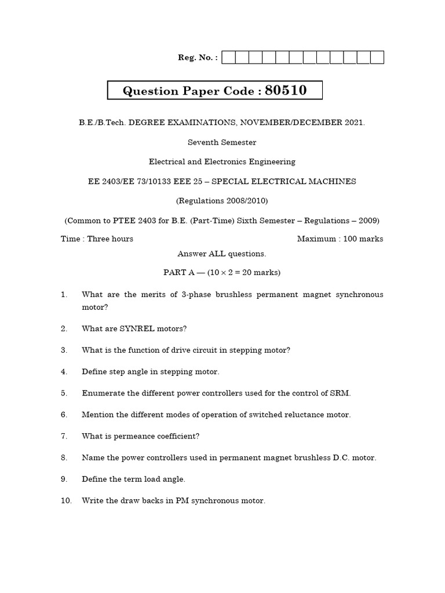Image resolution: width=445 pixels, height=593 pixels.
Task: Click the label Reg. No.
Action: [198, 57]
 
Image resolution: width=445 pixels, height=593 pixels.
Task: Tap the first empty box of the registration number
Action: [228, 57]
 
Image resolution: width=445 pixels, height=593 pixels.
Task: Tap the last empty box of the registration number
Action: [377, 57]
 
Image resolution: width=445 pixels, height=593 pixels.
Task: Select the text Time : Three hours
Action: [97, 239]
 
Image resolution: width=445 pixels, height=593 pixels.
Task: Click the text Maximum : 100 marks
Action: [340, 239]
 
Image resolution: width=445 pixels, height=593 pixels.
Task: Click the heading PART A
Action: [182, 273]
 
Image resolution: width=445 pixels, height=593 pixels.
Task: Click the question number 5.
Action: [64, 393]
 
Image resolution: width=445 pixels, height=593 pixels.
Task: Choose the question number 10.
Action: [65, 501]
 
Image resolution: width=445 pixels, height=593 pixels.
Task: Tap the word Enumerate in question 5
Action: [103, 393]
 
